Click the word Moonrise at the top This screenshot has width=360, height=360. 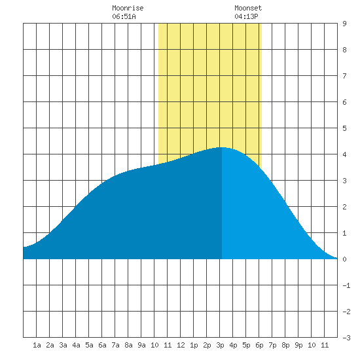point(128,8)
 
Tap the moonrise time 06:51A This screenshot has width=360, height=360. point(124,16)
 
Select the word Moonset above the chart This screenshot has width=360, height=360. point(248,8)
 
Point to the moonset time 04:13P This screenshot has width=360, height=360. point(246,16)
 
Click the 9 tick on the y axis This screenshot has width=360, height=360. point(344,24)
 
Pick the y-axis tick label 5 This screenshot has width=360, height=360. point(344,128)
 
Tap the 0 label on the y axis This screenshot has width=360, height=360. point(344,259)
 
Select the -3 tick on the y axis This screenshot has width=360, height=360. point(346,338)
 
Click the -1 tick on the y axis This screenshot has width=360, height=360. point(346,285)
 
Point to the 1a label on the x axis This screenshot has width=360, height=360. point(37,345)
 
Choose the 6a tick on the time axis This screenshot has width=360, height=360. point(102,345)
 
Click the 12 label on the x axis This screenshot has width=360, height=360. point(181,345)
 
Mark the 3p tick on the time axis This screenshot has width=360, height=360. point(220,345)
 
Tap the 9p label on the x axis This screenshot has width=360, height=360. point(298,345)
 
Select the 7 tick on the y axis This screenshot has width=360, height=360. point(344,76)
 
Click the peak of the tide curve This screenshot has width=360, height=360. point(222,147)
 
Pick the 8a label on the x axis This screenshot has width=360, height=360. point(128,345)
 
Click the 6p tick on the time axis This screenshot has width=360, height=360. point(259,345)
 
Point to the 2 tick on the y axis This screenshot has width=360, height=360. point(344,207)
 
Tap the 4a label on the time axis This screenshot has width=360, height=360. point(76,345)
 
